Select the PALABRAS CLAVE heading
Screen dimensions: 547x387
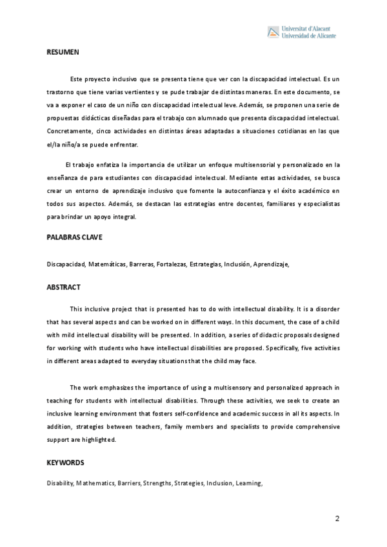74,237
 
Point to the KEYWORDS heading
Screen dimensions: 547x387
66,463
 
